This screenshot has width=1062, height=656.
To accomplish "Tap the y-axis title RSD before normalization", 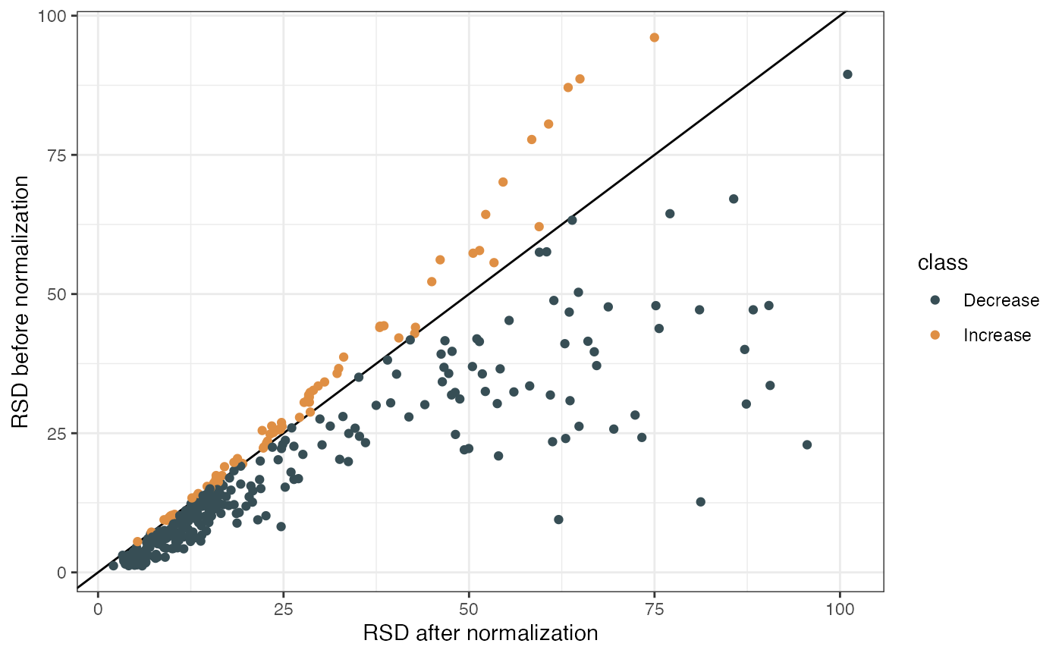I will coord(21,302).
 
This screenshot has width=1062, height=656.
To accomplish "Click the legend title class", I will coord(942,263).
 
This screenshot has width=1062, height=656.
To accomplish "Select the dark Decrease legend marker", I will coord(935,300).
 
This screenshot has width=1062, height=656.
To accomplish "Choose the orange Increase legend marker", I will coord(935,335).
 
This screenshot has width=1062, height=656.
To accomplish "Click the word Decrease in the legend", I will coord(1001,300).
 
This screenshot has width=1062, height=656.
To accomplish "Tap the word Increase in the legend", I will coord(997,335).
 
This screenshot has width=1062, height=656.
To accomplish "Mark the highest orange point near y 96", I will coord(655,38).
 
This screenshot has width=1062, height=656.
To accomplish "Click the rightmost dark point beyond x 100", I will coord(847,74).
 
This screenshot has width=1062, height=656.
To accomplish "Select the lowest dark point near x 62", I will coord(558,519).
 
